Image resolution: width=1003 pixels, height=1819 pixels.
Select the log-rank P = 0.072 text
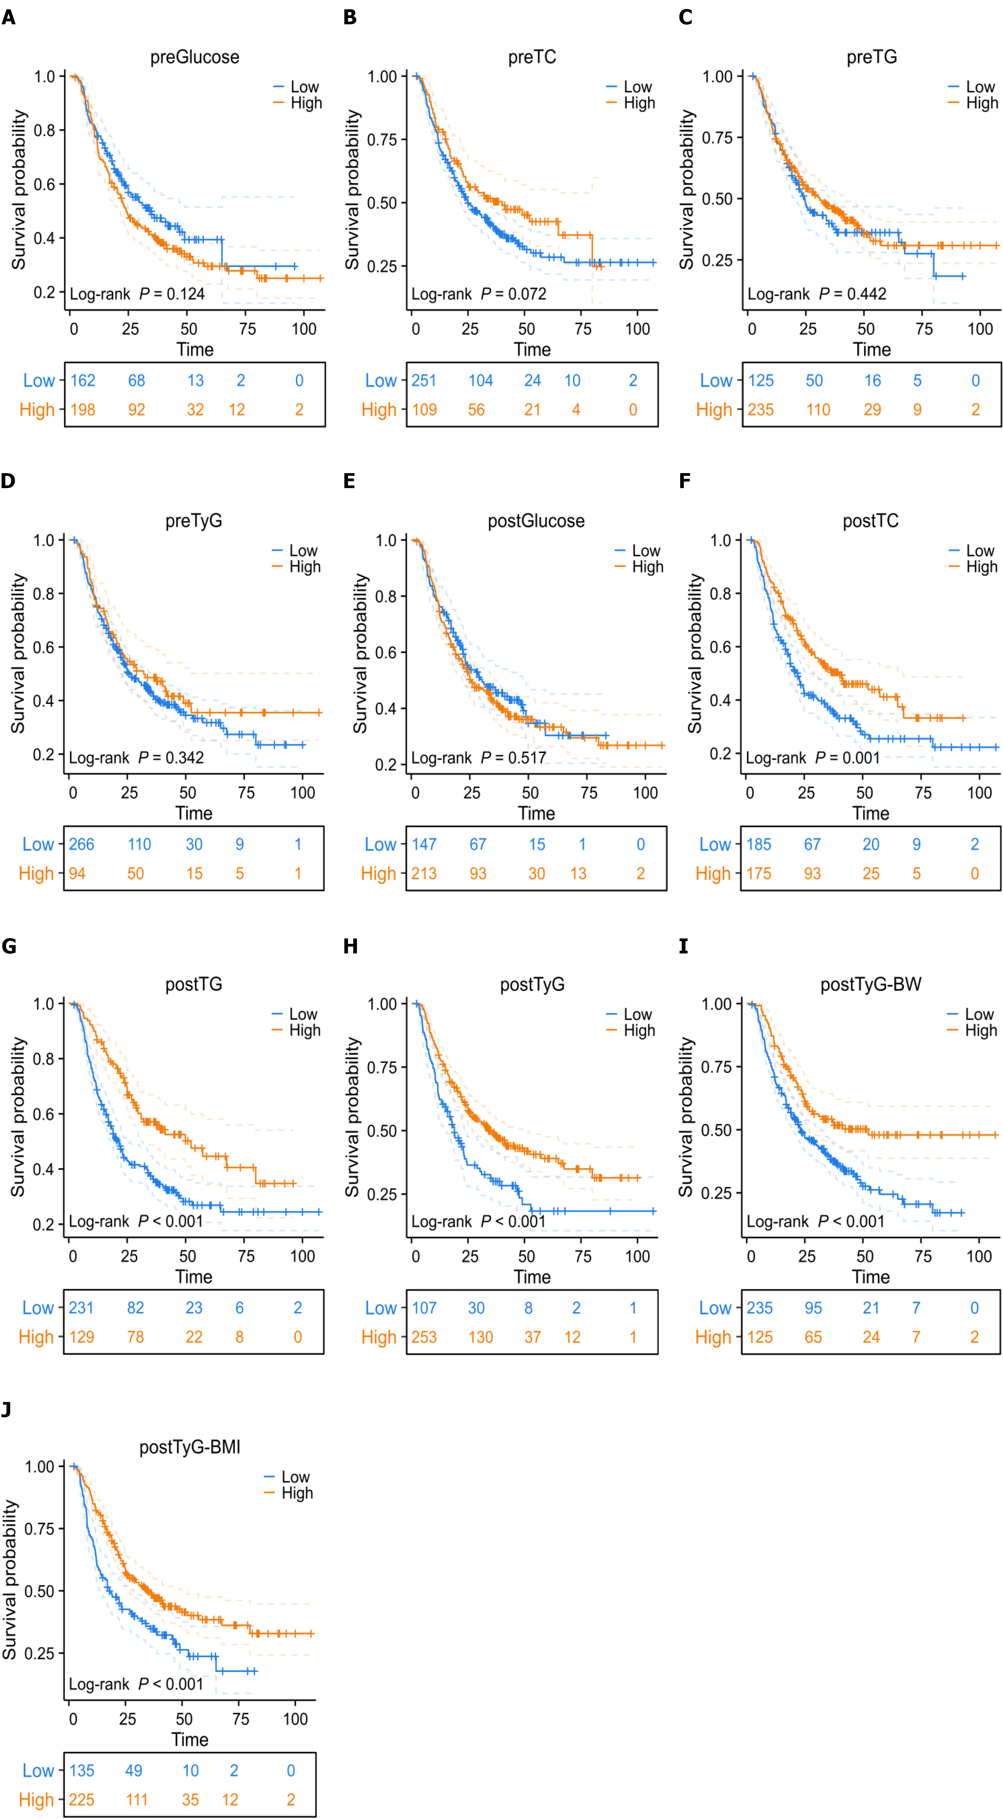pyautogui.click(x=479, y=294)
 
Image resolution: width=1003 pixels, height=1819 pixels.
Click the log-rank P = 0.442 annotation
pyautogui.click(x=817, y=294)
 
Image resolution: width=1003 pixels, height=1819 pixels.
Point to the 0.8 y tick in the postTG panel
pyautogui.click(x=44, y=1058)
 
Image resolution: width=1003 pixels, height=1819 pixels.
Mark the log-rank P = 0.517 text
pyautogui.click(x=479, y=758)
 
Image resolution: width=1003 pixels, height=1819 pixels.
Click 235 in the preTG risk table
pyautogui.click(x=761, y=410)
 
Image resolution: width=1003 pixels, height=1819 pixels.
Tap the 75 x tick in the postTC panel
pyautogui.click(x=923, y=793)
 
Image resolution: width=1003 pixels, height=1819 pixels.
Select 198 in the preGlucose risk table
pyautogui.click(x=83, y=410)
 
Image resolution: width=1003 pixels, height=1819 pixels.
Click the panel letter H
pyautogui.click(x=350, y=946)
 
